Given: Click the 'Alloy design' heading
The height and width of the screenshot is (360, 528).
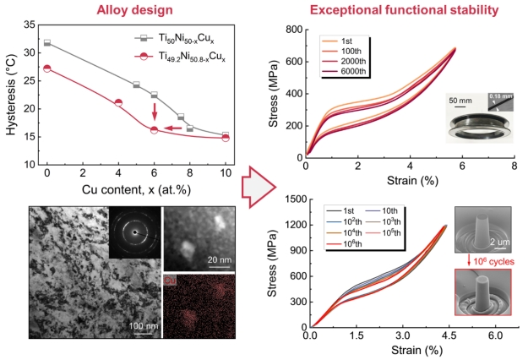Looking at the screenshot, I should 129,10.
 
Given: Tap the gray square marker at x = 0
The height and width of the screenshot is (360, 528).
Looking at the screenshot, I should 47,42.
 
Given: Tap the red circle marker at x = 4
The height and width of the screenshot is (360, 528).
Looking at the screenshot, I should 118,103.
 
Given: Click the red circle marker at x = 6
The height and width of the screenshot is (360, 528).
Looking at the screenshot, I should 154,130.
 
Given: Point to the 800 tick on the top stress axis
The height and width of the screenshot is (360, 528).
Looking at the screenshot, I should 293,30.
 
